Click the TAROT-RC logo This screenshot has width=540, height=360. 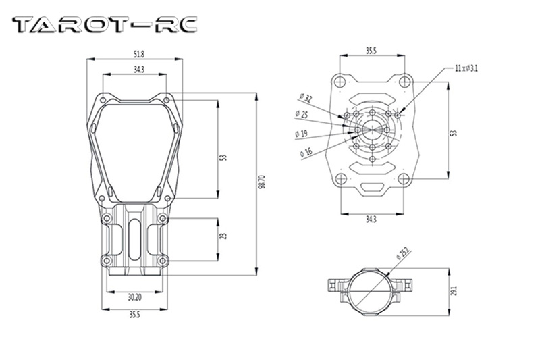pyautogui.click(x=105, y=25)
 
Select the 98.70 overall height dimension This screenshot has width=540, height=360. pyautogui.click(x=262, y=183)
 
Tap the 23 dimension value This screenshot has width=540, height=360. pyautogui.click(x=223, y=236)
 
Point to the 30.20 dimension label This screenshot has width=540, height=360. pyautogui.click(x=134, y=296)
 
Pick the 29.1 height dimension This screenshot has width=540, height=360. pyautogui.click(x=454, y=291)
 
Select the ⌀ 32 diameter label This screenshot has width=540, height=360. pyautogui.click(x=304, y=99)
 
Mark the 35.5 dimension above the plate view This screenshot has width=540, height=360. pyautogui.click(x=371, y=51)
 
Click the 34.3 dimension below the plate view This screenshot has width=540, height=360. pyautogui.click(x=371, y=219)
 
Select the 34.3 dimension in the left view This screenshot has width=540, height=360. pyautogui.click(x=138, y=69)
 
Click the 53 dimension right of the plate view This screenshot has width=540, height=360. pyautogui.click(x=454, y=134)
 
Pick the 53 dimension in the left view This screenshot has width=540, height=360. pyautogui.click(x=223, y=157)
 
